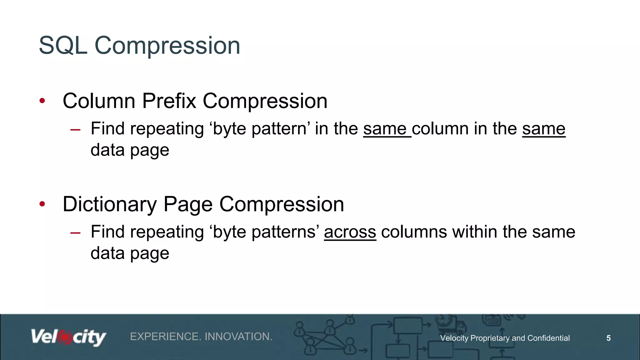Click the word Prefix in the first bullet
169,101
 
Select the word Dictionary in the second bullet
109,204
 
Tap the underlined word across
350,232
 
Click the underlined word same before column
385,129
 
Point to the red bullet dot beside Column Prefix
42,101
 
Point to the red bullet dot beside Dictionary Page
42,204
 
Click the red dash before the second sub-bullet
76,233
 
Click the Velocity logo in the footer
68,337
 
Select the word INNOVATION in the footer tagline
238,337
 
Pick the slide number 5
608,338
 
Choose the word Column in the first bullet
99,101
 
